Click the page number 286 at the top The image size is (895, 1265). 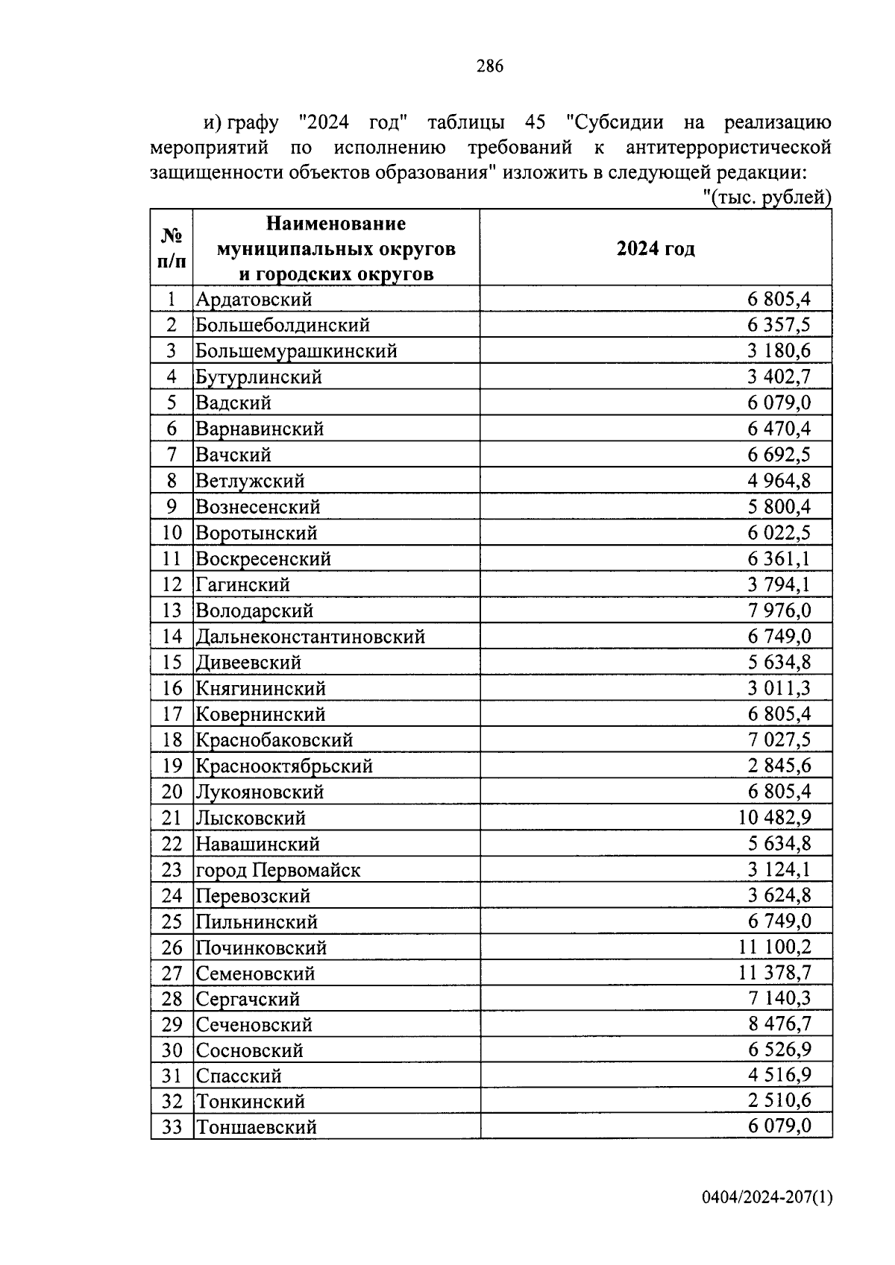[x=490, y=66]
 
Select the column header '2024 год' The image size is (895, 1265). [x=655, y=249]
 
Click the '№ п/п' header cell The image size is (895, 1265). [x=172, y=248]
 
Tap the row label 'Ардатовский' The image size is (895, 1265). [x=254, y=300]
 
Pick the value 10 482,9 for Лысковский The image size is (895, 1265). [x=774, y=818]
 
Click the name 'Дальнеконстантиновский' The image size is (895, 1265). [x=310, y=637]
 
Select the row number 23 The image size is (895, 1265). [x=172, y=870]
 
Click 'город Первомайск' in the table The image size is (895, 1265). [x=277, y=870]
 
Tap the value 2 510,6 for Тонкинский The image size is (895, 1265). [x=779, y=1101]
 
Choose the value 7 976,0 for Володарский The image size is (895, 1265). [x=779, y=611]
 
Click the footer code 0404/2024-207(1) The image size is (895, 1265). [x=767, y=1198]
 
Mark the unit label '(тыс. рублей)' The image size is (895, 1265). [x=768, y=198]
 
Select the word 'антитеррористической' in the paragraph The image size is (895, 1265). [x=729, y=147]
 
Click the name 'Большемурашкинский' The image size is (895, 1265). [x=296, y=351]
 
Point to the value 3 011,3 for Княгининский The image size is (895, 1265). [x=779, y=688]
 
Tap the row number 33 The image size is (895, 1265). [x=172, y=1127]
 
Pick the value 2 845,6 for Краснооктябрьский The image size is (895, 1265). [x=779, y=766]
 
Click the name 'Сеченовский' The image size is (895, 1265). [x=254, y=1025]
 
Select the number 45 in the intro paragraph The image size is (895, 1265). [x=536, y=122]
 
